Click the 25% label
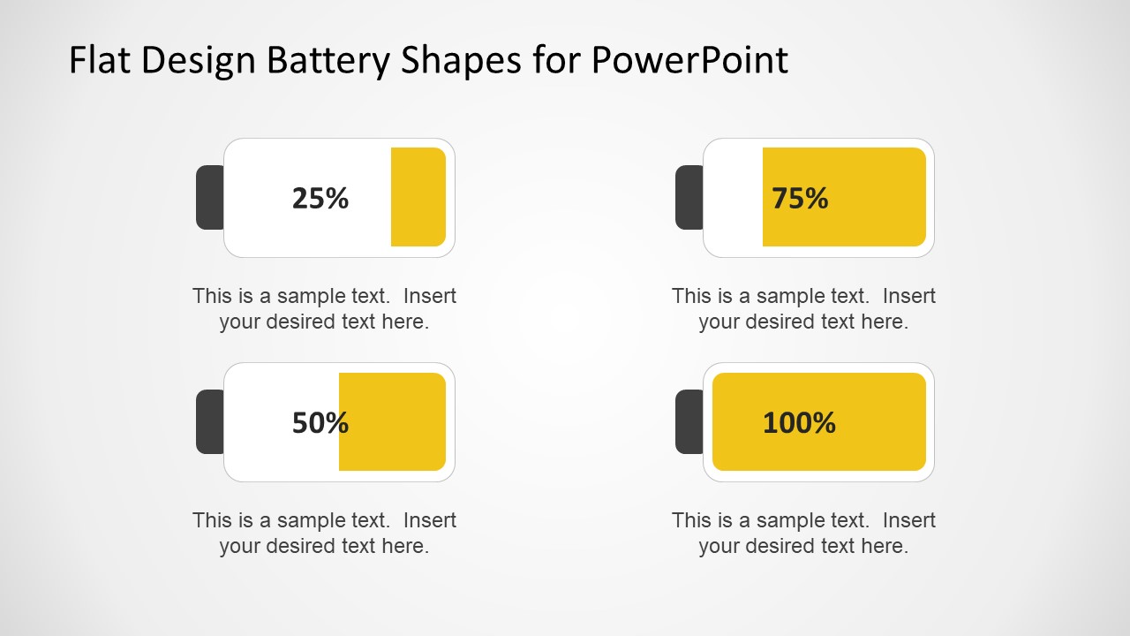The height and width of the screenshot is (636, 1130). pos(320,198)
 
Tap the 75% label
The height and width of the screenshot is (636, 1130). pos(800,198)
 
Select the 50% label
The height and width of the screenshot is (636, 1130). pos(320,422)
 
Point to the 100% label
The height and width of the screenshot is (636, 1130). pos(799,422)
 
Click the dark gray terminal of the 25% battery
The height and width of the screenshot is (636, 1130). pos(209,197)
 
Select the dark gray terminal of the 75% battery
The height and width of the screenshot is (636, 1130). pos(689,197)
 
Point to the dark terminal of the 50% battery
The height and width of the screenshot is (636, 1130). pos(209,421)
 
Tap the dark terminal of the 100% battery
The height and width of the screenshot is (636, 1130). pos(689,421)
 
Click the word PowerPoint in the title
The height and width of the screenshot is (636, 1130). pos(689,60)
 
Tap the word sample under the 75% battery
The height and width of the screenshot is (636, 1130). pos(791,296)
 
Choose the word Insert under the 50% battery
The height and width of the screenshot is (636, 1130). pos(430,520)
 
